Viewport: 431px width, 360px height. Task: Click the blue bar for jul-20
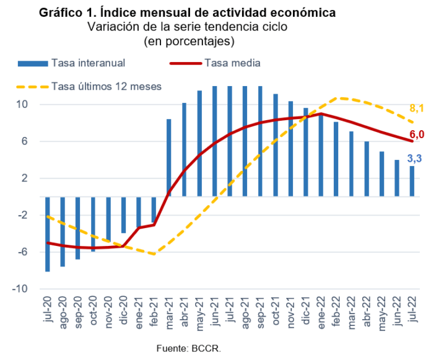pyautogui.click(x=48, y=234)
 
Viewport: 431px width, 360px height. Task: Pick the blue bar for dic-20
pyautogui.click(x=123, y=214)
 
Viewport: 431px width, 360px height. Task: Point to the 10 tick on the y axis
pyautogui.click(x=22, y=105)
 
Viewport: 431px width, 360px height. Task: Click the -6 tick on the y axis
pyautogui.click(x=22, y=252)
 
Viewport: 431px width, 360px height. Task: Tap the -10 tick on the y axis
pyautogui.click(x=20, y=289)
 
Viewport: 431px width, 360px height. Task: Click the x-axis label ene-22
pyautogui.click(x=321, y=316)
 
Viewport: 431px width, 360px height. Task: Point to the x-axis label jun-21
pyautogui.click(x=215, y=316)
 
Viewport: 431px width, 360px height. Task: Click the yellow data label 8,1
pyautogui.click(x=416, y=109)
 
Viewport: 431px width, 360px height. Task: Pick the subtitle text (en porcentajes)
pyautogui.click(x=188, y=41)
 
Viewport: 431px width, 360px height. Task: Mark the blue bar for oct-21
pyautogui.click(x=276, y=146)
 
